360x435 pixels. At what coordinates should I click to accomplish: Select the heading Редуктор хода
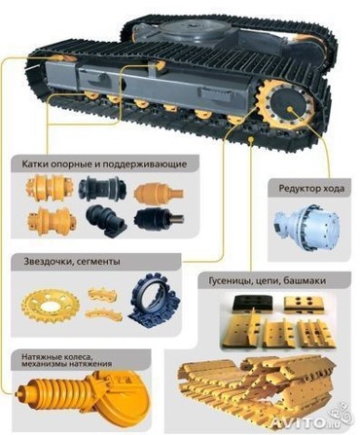(311, 189)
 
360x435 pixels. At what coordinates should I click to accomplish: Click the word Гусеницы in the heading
(229, 281)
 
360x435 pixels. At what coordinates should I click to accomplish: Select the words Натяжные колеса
(56, 357)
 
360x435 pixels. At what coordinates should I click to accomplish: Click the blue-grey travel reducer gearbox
(306, 225)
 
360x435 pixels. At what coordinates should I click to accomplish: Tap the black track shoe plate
(253, 304)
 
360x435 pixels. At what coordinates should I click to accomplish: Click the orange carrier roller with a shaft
(159, 193)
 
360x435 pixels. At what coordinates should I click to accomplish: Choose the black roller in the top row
(102, 188)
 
